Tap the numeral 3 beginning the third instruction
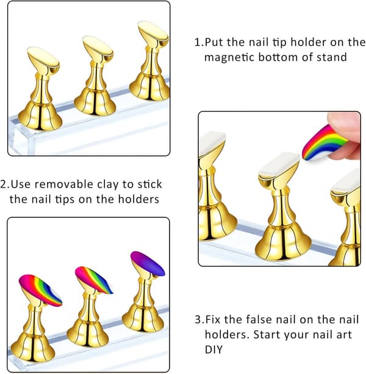[x=198, y=320]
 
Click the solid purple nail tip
[x=148, y=264]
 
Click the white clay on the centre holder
[x=279, y=164]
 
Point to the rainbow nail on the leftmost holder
[x=40, y=290]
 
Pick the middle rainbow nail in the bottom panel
[x=94, y=280]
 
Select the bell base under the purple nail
[x=143, y=319]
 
